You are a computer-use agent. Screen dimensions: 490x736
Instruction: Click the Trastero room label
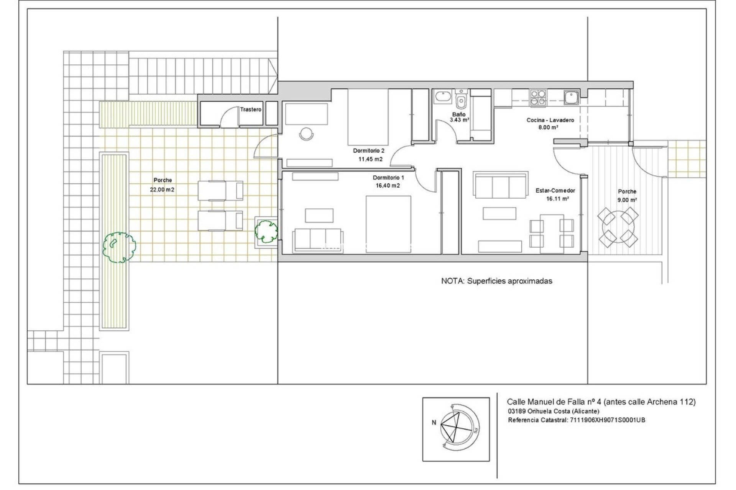(x=251, y=109)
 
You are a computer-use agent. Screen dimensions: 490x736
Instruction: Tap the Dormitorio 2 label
(x=368, y=151)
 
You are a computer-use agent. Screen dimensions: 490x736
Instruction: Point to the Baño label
(x=458, y=114)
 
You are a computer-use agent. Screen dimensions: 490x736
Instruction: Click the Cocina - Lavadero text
(x=550, y=120)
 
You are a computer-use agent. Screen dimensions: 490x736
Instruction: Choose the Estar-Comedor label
(x=555, y=191)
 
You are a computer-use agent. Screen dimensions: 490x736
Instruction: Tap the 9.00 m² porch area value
(x=627, y=200)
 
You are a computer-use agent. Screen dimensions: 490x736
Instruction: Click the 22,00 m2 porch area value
(x=163, y=189)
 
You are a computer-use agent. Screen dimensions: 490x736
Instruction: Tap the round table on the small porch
(x=618, y=228)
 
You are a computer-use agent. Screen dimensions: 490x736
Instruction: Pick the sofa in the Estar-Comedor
(x=501, y=185)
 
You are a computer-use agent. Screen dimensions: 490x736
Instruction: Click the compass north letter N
(x=434, y=423)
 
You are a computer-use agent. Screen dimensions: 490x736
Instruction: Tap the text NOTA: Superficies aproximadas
(x=496, y=281)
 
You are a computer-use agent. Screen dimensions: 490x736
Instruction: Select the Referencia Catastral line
(x=576, y=420)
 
